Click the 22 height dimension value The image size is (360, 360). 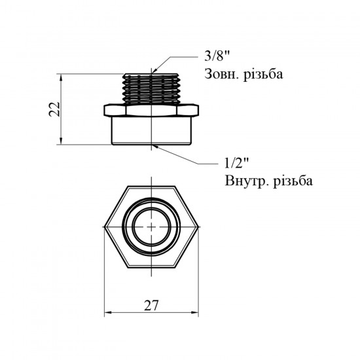54,109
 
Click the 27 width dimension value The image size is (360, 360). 151,306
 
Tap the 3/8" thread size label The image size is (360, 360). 217,56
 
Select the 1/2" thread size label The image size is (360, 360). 237,164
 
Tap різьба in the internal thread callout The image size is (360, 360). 293,181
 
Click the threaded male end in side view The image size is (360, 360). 151,89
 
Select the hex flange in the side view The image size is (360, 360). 151,110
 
